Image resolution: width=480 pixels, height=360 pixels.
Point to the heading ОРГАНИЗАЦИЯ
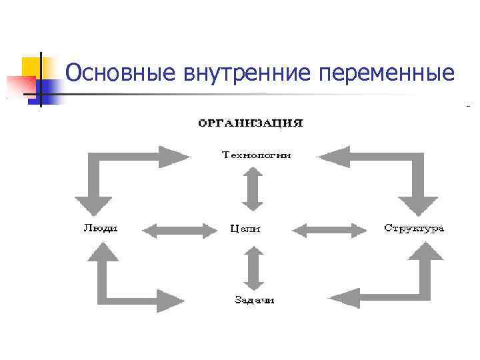(x=250, y=123)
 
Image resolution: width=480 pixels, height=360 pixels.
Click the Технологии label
(x=256, y=155)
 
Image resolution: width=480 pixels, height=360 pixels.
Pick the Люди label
(x=101, y=228)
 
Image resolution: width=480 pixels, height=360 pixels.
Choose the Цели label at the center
(x=245, y=229)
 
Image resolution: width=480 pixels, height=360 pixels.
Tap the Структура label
(x=414, y=228)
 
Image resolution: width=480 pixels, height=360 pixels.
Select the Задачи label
(x=255, y=300)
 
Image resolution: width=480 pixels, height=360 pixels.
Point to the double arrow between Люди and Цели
(x=181, y=231)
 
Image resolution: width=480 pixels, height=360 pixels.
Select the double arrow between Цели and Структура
(x=330, y=231)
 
